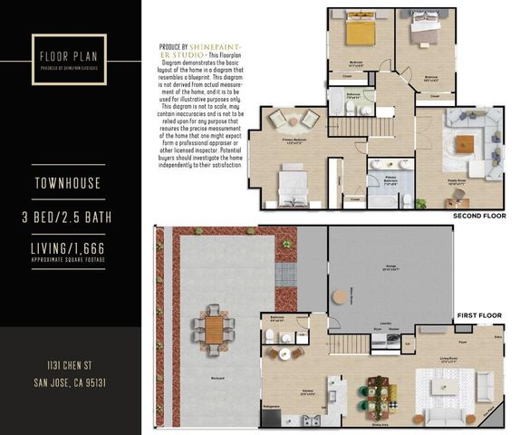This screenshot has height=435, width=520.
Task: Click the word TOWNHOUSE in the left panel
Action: [x=70, y=186]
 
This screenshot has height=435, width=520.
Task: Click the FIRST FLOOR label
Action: [x=478, y=314]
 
